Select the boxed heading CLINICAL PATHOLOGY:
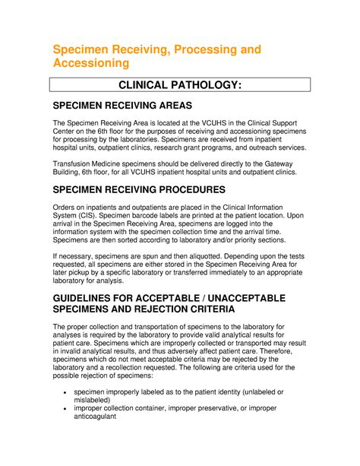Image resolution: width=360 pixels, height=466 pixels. tap(179, 87)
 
